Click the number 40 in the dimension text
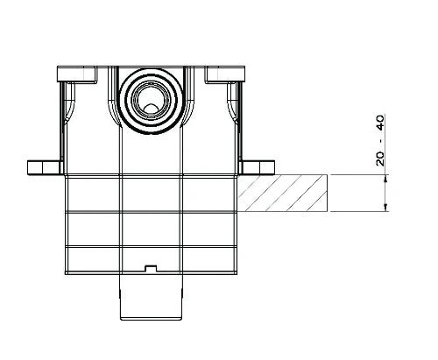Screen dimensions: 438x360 380,123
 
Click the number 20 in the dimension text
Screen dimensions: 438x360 380,159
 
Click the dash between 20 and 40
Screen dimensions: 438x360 380,141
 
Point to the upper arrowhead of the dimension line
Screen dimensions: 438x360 386,178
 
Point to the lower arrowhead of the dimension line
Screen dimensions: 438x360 386,208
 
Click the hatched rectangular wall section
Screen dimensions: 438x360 283,193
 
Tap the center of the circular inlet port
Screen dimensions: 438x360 151,101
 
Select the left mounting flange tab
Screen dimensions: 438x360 46,167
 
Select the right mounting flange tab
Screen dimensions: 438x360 257,167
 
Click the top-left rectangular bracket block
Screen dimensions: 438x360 76,74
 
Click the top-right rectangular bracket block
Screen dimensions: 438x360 225,74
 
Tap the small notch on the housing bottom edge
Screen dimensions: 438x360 151,268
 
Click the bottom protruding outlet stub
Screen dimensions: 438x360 151,297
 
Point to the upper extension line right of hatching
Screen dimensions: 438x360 358,175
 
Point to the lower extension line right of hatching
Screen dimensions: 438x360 358,211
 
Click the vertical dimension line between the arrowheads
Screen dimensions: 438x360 386,193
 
